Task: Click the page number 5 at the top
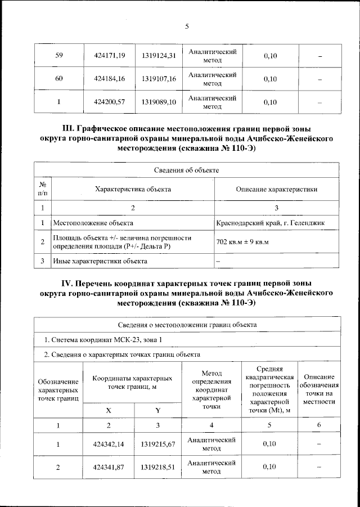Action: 186,25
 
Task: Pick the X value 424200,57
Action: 109,102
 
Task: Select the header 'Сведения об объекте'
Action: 186,169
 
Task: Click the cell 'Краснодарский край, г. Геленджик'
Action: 270,223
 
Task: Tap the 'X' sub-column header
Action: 109,410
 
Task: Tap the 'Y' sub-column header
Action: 158,410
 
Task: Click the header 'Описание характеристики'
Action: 277,190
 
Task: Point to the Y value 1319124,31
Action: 159,56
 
